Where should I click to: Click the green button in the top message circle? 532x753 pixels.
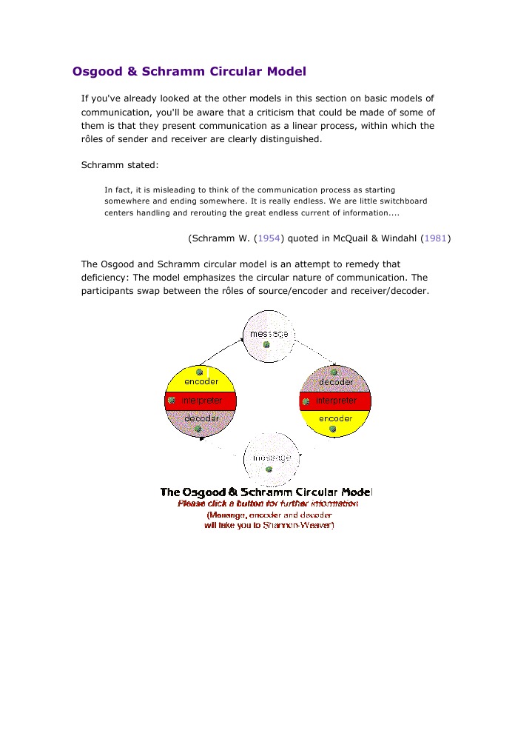tap(266, 345)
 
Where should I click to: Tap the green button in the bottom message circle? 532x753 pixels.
tap(269, 469)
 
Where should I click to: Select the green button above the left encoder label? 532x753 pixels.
tap(199, 372)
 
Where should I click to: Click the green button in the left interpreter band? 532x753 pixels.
tap(171, 401)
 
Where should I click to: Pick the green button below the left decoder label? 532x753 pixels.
tap(198, 429)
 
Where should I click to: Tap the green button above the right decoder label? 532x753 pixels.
tap(334, 372)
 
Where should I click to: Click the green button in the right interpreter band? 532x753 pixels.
tap(305, 401)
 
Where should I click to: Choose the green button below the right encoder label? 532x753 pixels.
tap(333, 429)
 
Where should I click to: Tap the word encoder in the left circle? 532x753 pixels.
tap(201, 382)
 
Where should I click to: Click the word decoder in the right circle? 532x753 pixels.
tap(335, 382)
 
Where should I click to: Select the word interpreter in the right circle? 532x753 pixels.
tap(336, 401)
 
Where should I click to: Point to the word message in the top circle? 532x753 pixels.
tap(269, 334)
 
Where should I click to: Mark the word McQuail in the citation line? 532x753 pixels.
tap(343, 238)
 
